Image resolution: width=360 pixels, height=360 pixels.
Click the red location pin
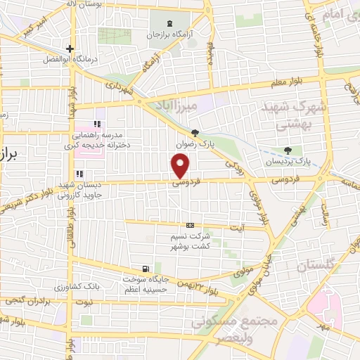181,166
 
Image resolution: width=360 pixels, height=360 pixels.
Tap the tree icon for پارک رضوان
195,133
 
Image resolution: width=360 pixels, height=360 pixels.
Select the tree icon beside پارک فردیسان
288,150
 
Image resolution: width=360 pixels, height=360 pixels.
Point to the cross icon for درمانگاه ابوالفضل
70,49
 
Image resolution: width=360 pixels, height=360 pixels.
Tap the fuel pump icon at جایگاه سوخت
146,268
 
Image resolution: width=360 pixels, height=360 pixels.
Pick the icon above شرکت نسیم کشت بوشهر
188,225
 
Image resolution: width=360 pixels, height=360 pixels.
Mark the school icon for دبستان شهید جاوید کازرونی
79,174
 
